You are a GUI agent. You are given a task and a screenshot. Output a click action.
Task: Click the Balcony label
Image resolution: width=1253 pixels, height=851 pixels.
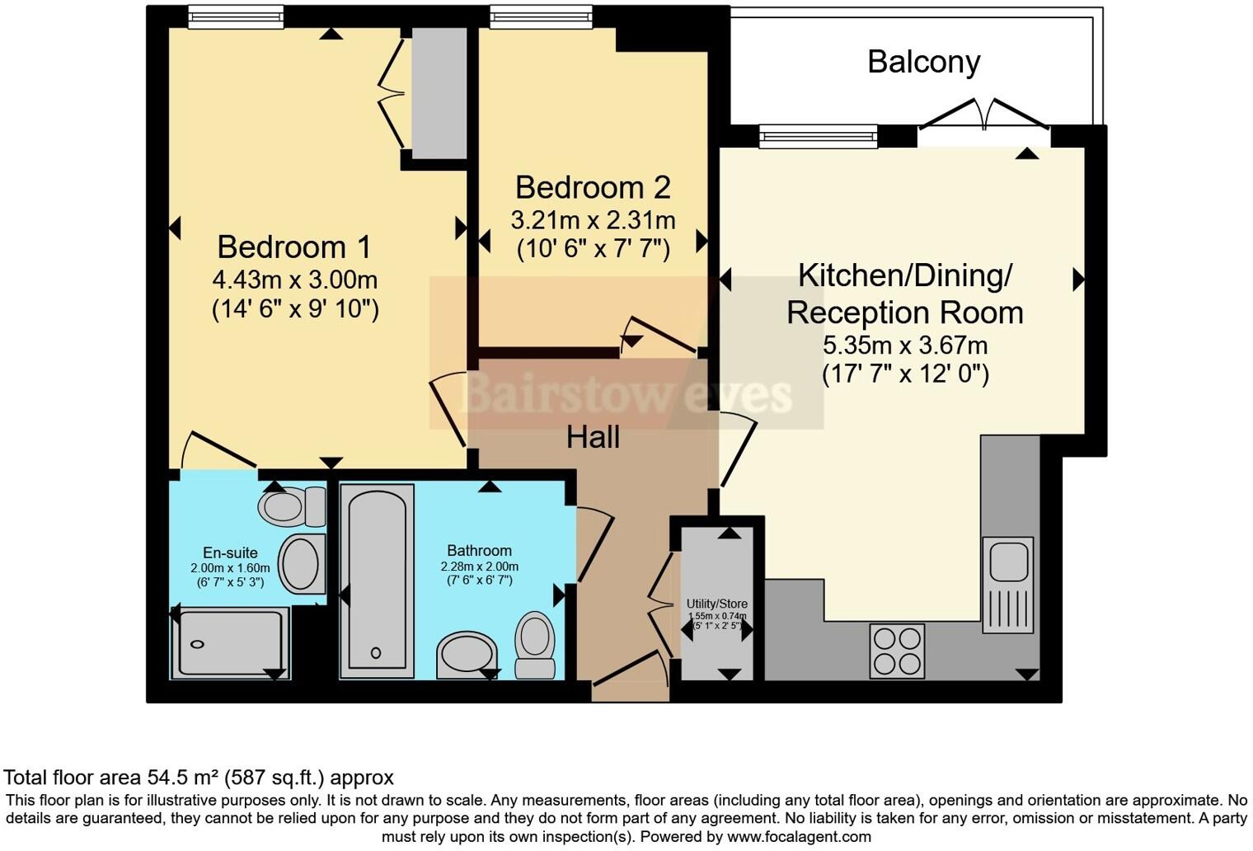[x=923, y=62]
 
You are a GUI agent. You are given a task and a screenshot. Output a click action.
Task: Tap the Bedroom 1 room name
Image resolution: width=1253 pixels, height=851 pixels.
[x=294, y=247]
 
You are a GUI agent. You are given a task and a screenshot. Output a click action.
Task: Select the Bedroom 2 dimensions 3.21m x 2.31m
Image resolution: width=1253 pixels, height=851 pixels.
[x=593, y=220]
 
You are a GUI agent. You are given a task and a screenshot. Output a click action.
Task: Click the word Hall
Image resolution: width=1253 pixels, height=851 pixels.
[x=593, y=437]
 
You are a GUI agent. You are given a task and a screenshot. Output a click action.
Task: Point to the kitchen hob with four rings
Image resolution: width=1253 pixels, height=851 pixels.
[x=897, y=651]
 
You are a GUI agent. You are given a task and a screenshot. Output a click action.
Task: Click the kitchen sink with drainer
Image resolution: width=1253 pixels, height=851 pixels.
[x=1008, y=585]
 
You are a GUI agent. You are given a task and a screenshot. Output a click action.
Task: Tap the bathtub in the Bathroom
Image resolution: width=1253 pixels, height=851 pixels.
[x=377, y=581]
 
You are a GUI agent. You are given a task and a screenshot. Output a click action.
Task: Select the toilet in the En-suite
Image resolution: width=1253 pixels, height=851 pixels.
[x=292, y=506]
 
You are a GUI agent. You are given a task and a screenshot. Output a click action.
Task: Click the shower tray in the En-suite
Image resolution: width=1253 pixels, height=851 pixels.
[x=231, y=643]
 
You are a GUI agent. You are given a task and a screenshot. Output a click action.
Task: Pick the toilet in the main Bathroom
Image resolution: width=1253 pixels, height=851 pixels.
[x=535, y=645]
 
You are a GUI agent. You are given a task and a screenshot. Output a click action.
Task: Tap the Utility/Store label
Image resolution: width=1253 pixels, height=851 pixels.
[x=716, y=604]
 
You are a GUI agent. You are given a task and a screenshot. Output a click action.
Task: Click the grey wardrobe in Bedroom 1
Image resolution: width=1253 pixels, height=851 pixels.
[x=439, y=93]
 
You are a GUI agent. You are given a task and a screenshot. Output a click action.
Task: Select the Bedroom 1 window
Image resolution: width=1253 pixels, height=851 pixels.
[x=236, y=16]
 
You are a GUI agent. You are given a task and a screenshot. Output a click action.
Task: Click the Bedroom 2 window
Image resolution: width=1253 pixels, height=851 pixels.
[x=541, y=16]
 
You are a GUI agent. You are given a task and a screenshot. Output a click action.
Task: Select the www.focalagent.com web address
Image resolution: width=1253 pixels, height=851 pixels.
[x=799, y=837]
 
